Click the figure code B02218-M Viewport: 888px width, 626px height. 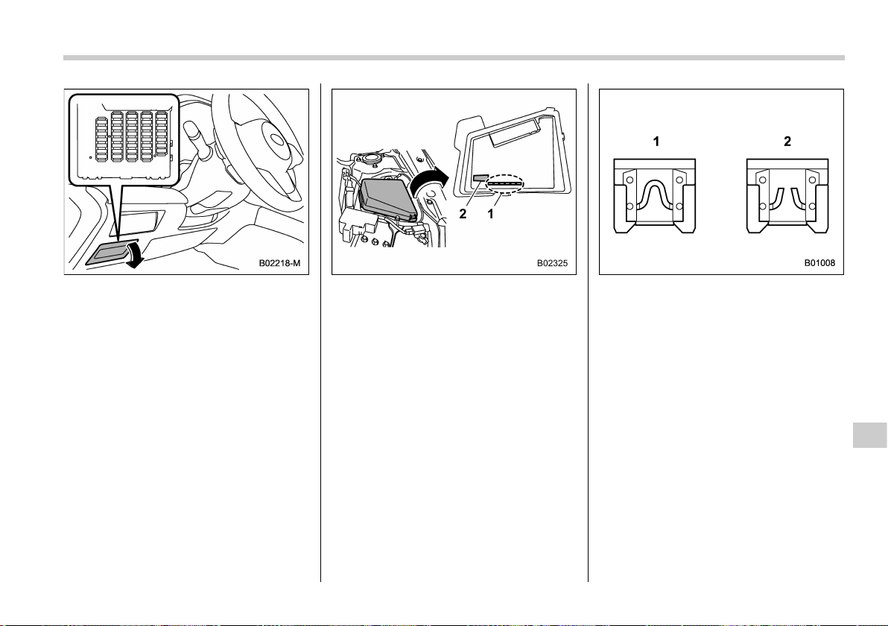pos(280,263)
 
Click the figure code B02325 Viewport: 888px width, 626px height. pos(552,263)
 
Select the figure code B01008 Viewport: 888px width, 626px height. pos(819,263)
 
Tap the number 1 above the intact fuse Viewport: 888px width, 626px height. pos(656,142)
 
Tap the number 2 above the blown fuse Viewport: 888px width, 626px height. pos(787,142)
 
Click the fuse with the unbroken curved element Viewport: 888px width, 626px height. pos(655,196)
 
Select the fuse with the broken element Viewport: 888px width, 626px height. pos(787,196)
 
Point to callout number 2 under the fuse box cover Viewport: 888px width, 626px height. pos(463,214)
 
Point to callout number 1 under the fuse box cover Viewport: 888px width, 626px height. pos(490,214)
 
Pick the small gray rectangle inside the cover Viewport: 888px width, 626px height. pos(481,178)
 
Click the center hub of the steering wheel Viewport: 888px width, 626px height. pos(277,141)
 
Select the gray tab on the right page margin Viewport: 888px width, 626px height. pos(870,434)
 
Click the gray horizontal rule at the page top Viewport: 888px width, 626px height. pos(454,58)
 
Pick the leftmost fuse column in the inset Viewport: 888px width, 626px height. pos(101,139)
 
